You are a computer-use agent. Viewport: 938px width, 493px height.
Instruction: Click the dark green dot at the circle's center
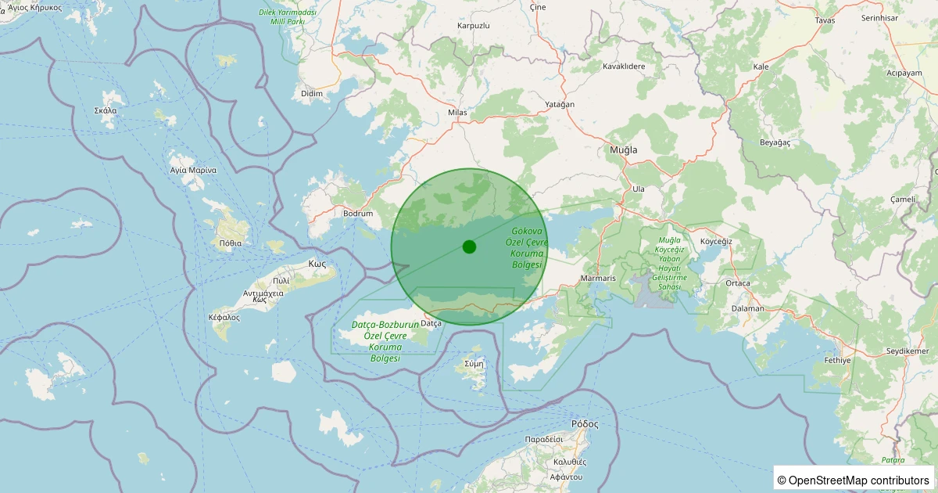pos(469,246)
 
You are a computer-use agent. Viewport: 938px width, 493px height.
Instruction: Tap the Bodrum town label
pos(358,213)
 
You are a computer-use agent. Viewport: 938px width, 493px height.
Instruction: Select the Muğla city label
pos(623,149)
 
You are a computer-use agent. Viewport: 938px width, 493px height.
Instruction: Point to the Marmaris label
pos(599,279)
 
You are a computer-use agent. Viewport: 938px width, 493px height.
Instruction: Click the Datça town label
pos(431,322)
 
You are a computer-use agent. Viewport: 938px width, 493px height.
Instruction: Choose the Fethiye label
pos(837,360)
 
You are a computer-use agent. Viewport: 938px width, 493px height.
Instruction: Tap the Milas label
pos(457,113)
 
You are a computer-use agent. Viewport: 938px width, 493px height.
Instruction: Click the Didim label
pos(312,94)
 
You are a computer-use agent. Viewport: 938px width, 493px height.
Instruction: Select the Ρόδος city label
pos(585,424)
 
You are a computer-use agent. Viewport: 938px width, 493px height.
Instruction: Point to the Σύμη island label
pos(474,364)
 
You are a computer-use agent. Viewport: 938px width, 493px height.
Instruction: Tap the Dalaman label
pos(748,308)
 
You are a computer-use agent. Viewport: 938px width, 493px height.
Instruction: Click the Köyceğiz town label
pos(716,241)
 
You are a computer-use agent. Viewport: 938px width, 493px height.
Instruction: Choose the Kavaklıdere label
pos(624,67)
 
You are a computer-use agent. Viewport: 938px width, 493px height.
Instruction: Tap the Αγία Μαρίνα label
pos(193,170)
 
